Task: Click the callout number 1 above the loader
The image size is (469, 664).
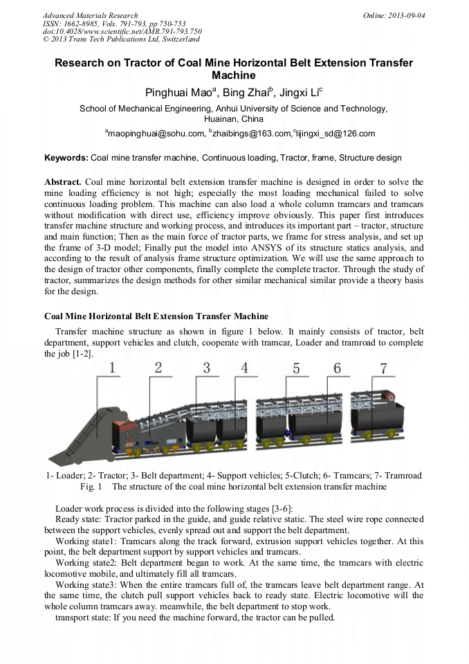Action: click(x=113, y=368)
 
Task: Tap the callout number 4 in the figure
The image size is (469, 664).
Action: click(x=244, y=368)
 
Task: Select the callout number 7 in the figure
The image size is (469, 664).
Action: click(x=383, y=368)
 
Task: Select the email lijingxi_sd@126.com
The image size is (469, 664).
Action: click(x=335, y=134)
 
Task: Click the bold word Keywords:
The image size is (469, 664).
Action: click(x=66, y=158)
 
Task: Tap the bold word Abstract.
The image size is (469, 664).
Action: click(x=63, y=181)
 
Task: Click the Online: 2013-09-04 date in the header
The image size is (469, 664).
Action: click(x=394, y=15)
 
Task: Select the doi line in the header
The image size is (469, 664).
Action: click(x=122, y=31)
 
